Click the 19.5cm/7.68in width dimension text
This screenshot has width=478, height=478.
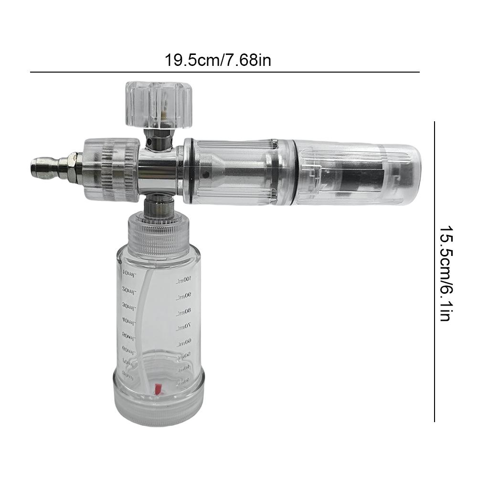tap(218, 61)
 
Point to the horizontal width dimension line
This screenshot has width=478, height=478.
tap(224, 72)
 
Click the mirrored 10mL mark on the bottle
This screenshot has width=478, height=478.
tap(129, 273)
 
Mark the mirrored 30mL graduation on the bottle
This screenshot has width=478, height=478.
tap(129, 306)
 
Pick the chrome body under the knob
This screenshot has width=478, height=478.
tap(158, 165)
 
